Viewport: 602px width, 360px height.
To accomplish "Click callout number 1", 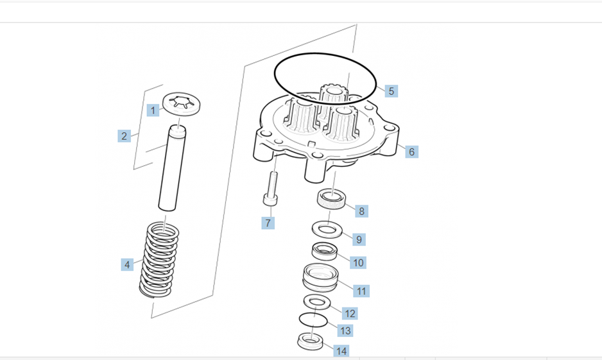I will point(153,110).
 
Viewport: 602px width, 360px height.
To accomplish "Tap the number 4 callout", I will point(128,264).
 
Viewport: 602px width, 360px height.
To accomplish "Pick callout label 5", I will point(391,91).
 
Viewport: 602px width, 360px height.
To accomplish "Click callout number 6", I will point(411,152).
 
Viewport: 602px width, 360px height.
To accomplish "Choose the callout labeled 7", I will point(268,223).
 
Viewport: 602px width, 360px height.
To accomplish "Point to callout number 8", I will point(361,211).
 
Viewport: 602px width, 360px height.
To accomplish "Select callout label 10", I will point(358,262).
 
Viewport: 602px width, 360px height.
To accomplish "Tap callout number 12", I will point(350,314).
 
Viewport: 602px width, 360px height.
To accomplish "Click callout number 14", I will point(341,351).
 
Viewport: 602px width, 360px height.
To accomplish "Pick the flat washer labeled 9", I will point(327,229).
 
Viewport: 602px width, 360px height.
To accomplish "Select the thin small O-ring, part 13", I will point(314,319).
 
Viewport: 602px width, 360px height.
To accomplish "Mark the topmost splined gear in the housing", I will point(333,96).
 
